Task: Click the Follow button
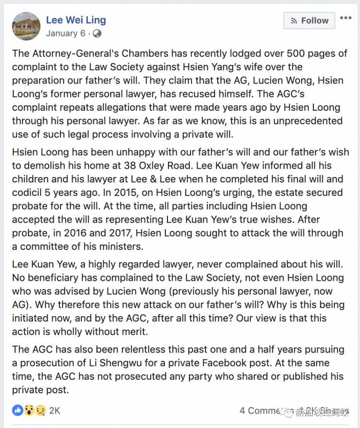pyautogui.click(x=310, y=20)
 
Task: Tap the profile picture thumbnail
pyautogui.click(x=26, y=26)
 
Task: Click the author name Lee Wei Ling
pyautogui.click(x=76, y=20)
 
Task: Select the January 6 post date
pyautogui.click(x=65, y=33)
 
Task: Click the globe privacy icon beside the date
pyautogui.click(x=97, y=33)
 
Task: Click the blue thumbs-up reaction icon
pyautogui.click(x=18, y=410)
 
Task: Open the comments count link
pyautogui.click(x=262, y=410)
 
